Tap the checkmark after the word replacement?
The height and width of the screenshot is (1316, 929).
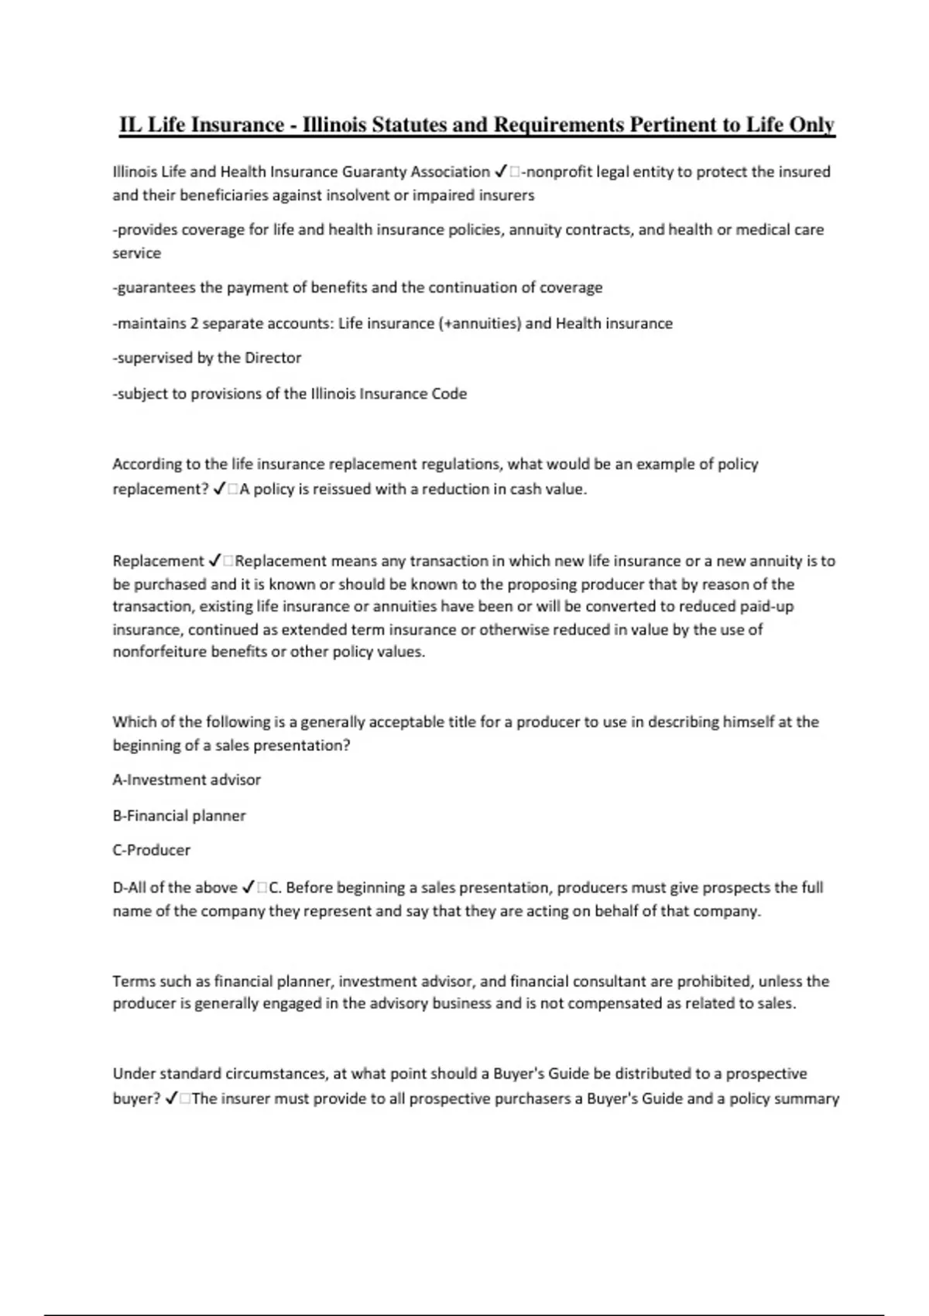tap(218, 489)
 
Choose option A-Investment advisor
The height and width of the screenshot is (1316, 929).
tap(187, 780)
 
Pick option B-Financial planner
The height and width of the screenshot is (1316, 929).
tap(179, 815)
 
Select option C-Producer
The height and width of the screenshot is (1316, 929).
tap(151, 850)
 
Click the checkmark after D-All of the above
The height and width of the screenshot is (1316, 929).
tap(249, 887)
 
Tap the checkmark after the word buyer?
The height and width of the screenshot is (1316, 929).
tap(171, 1098)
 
